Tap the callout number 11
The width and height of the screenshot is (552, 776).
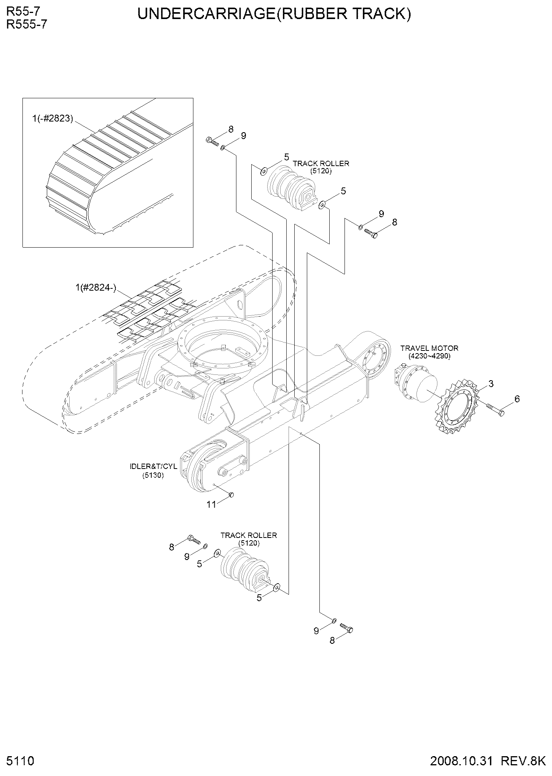click(x=211, y=504)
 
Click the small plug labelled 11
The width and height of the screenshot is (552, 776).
click(x=231, y=494)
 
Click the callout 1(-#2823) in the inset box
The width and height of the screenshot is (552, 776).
click(x=52, y=118)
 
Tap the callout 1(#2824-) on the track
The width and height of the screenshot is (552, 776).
click(x=95, y=288)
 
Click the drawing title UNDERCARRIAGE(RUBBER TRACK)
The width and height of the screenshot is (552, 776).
click(x=274, y=14)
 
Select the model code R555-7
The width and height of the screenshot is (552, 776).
click(x=27, y=25)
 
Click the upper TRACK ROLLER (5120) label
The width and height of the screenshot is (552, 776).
click(x=321, y=167)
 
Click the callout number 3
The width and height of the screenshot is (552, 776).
click(x=491, y=384)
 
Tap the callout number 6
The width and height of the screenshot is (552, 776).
click(x=517, y=399)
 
